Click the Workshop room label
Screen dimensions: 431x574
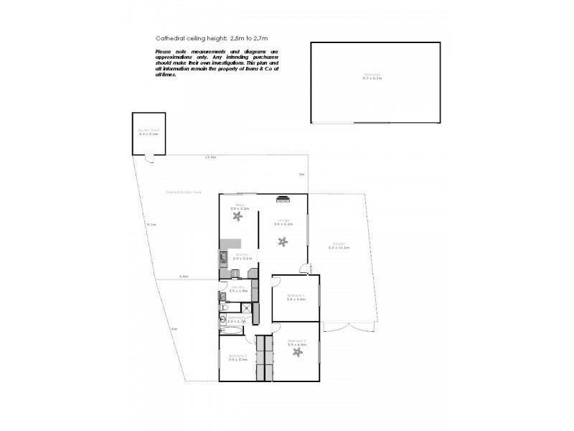pos(371,75)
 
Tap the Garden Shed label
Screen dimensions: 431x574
pos(148,132)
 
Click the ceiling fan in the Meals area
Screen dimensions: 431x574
pos(238,216)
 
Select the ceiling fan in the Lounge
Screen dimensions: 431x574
pos(283,241)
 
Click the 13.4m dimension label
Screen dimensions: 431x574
pos(210,157)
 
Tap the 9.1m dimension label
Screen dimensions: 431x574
pos(151,225)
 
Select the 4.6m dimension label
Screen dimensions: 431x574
pos(184,276)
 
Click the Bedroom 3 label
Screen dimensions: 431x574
pos(238,358)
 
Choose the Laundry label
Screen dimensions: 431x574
pos(237,289)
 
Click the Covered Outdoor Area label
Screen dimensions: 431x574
pos(182,193)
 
